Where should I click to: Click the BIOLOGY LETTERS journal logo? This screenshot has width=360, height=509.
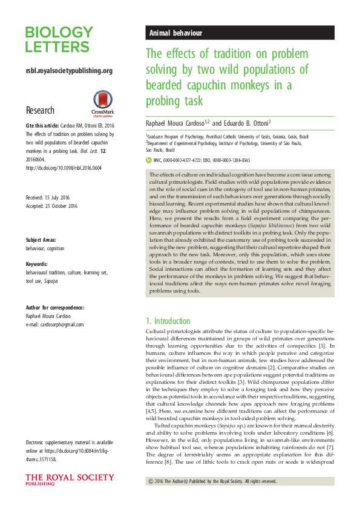pos(59,39)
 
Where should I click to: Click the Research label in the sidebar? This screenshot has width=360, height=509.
pos(40,111)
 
